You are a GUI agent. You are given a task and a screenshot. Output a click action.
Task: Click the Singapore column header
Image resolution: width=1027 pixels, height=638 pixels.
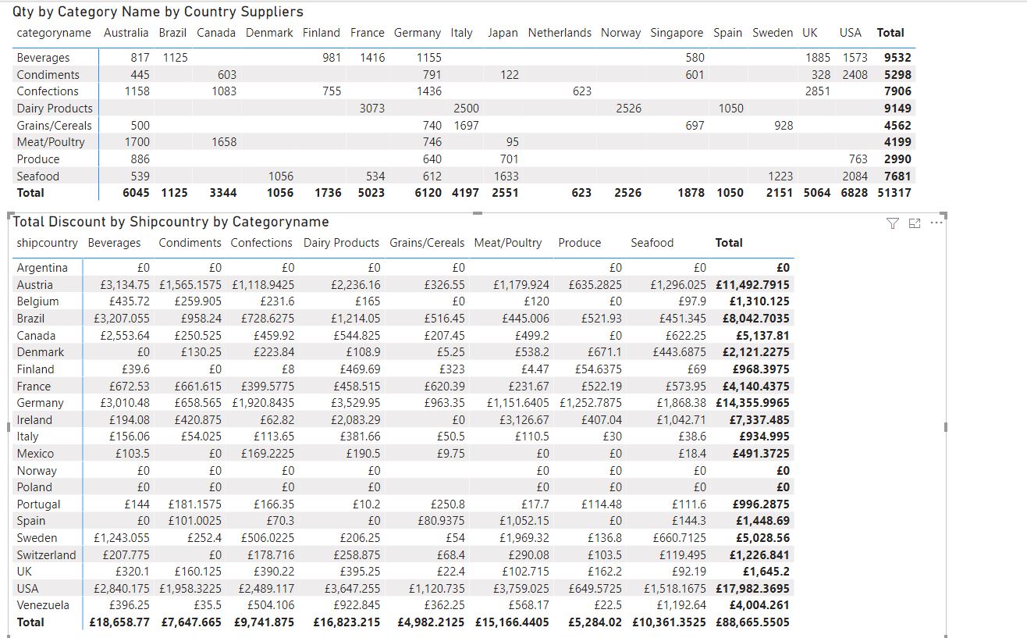[677, 33]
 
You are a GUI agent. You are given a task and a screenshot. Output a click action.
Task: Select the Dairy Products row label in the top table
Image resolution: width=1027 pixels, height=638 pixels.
[55, 109]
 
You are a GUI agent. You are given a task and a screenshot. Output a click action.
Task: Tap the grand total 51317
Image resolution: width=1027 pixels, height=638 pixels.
[894, 193]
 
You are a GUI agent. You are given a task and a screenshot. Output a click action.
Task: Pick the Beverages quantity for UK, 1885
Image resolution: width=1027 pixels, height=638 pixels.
[818, 57]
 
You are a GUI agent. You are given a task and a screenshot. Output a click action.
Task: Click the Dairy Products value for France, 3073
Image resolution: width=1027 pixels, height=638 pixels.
[371, 109]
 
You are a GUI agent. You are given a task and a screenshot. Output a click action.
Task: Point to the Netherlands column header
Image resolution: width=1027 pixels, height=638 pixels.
[560, 33]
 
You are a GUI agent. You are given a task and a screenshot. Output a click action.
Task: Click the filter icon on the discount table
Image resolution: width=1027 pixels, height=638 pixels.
[892, 223]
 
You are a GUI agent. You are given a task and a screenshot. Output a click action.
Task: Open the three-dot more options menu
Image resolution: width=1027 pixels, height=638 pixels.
[936, 223]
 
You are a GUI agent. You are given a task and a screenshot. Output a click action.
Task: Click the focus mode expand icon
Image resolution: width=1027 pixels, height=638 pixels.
[914, 223]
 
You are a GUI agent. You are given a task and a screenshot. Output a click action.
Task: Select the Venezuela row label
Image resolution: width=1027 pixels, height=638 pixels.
[43, 605]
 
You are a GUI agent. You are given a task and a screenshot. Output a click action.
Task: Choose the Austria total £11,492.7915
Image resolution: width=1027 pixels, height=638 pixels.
[752, 285]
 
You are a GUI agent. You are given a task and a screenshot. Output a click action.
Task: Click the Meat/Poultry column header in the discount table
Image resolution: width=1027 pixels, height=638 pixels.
[507, 243]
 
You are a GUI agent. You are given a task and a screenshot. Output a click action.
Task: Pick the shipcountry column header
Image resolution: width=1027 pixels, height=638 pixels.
[48, 243]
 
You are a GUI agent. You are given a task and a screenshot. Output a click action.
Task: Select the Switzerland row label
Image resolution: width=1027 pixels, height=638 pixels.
[46, 554]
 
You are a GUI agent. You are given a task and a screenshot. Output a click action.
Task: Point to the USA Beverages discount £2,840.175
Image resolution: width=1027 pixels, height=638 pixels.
[122, 589]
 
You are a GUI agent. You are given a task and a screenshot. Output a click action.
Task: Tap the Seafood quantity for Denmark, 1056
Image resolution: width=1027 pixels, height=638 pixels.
[281, 176]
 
